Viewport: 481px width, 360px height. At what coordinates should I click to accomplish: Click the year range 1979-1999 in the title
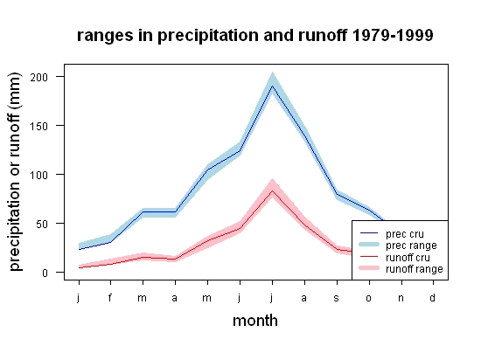click(393, 35)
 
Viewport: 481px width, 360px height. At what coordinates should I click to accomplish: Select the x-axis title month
click(255, 321)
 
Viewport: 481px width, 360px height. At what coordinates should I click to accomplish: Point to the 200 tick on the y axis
click(39, 77)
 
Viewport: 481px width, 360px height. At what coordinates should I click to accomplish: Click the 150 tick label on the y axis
click(39, 126)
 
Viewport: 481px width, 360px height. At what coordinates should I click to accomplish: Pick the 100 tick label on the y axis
click(39, 175)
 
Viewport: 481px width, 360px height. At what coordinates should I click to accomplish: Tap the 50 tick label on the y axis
click(42, 224)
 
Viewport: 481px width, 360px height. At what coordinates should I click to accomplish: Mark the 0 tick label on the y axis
click(45, 273)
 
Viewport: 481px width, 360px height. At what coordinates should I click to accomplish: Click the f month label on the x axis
click(110, 297)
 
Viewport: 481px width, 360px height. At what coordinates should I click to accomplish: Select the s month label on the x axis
click(337, 298)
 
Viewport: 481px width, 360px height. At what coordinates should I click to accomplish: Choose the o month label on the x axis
click(369, 298)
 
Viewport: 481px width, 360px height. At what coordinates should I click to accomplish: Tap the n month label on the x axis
click(401, 298)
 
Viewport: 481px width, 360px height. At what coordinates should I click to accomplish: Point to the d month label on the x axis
click(432, 297)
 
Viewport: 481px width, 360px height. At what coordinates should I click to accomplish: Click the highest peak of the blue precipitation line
click(272, 86)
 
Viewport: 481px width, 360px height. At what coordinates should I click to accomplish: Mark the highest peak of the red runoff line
click(272, 190)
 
